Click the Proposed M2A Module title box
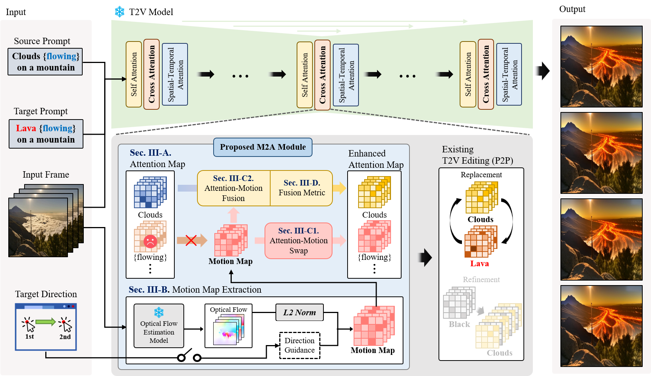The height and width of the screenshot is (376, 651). tap(263, 147)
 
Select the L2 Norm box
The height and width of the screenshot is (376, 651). tap(300, 312)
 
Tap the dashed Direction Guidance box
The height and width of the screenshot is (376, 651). tap(300, 345)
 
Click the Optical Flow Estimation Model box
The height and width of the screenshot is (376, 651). tap(159, 326)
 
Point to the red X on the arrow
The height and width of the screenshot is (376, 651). tap(191, 240)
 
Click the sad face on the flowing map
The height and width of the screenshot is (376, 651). tap(150, 241)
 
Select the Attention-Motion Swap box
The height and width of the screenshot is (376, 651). tap(299, 241)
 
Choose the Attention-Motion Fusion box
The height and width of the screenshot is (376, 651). tap(234, 188)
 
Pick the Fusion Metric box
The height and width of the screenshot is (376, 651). tap(302, 188)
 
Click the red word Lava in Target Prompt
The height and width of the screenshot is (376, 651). tap(26, 128)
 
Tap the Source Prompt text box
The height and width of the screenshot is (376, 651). tap(45, 61)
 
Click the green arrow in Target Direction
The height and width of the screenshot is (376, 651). tap(46, 322)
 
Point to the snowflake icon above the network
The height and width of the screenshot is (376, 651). tap(120, 12)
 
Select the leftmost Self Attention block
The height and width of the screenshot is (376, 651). tap(134, 74)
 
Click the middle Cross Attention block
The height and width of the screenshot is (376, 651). tap(322, 75)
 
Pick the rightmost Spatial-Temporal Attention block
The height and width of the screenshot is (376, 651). tap(509, 74)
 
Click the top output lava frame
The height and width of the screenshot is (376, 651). tap(601, 66)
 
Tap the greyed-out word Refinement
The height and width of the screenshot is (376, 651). tap(481, 279)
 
